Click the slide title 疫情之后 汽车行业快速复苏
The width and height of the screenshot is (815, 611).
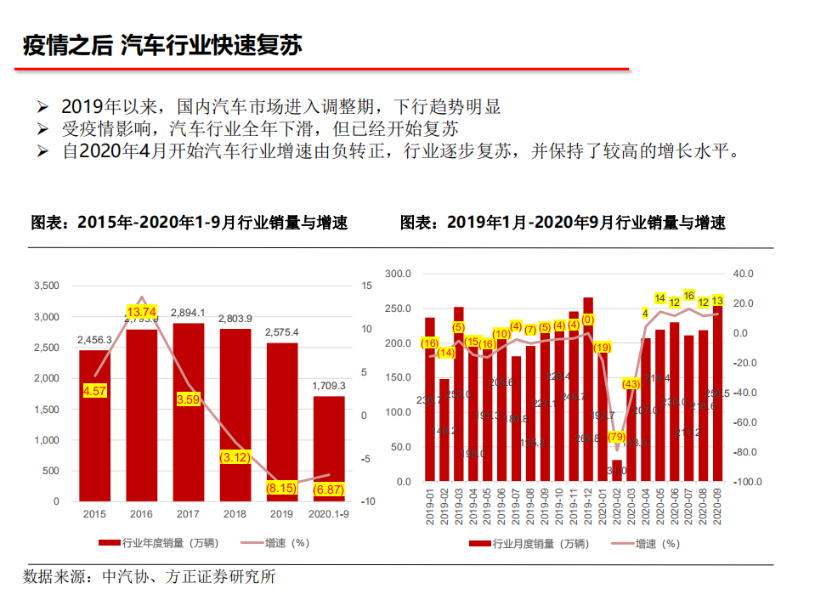click(162, 45)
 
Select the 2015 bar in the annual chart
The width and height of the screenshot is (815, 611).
click(94, 425)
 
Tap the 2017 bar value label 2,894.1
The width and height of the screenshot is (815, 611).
click(187, 313)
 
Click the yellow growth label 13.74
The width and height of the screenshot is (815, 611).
click(142, 312)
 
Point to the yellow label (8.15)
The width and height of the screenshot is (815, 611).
click(281, 489)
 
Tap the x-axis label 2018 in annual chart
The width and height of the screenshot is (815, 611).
click(235, 514)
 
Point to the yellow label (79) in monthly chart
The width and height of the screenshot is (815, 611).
click(617, 438)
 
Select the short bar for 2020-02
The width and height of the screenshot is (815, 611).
click(617, 470)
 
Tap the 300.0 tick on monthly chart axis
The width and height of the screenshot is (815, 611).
click(398, 274)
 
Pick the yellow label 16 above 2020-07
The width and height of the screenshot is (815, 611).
click(689, 295)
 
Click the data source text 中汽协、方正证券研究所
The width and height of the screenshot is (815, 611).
click(188, 577)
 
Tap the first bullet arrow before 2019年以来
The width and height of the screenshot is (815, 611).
click(43, 108)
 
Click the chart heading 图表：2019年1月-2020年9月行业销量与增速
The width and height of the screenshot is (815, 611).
click(563, 223)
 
